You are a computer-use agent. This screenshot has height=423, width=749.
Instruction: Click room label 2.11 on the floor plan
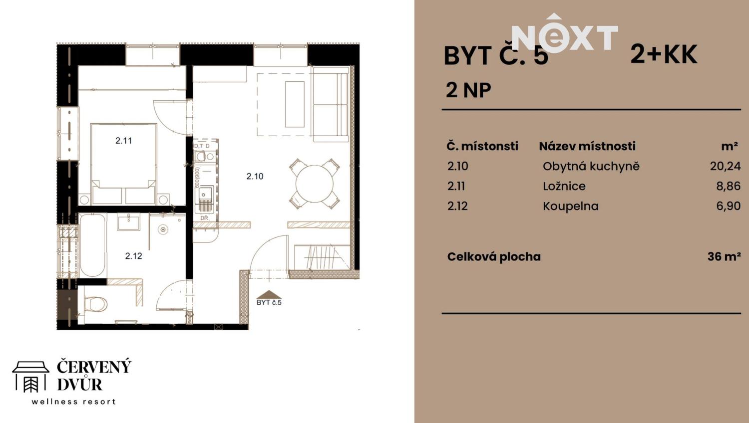(x=123, y=141)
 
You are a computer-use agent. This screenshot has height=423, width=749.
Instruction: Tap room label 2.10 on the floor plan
(x=255, y=176)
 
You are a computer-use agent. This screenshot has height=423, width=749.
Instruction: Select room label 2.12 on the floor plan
(x=133, y=256)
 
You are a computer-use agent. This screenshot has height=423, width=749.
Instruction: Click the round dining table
(x=315, y=184)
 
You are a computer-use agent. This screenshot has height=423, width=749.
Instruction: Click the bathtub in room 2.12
(x=93, y=244)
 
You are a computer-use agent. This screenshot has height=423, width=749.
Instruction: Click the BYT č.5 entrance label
(x=269, y=303)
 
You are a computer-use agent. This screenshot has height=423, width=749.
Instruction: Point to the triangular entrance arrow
(x=269, y=294)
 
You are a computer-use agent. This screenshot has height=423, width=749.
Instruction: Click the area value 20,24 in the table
(x=725, y=166)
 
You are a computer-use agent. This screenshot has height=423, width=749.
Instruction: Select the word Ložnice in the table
(x=564, y=186)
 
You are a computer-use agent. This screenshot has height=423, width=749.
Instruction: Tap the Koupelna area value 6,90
(x=728, y=206)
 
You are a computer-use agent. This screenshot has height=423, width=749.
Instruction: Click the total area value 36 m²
(x=724, y=256)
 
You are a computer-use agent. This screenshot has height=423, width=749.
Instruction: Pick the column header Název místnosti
(x=587, y=146)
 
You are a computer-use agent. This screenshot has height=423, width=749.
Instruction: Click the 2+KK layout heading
(x=664, y=54)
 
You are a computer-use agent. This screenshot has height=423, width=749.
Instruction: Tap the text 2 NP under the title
(x=468, y=90)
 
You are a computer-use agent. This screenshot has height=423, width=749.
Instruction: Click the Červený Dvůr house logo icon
(x=31, y=377)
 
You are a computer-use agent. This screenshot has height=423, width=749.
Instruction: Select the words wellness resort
(x=74, y=402)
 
